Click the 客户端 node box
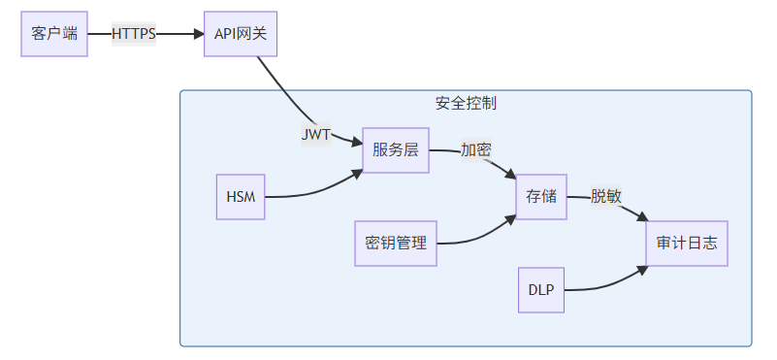click(54, 33)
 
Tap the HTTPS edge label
click(134, 33)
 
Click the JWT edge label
click(315, 135)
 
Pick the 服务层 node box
click(396, 150)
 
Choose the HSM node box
click(241, 197)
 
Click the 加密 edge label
click(475, 150)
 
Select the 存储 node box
click(541, 196)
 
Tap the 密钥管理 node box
click(396, 243)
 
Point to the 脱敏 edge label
click(606, 196)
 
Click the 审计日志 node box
click(687, 243)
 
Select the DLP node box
click(541, 289)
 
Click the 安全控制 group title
click(466, 103)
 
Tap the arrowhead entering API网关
click(198, 33)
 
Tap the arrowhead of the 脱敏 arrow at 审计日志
click(641, 222)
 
